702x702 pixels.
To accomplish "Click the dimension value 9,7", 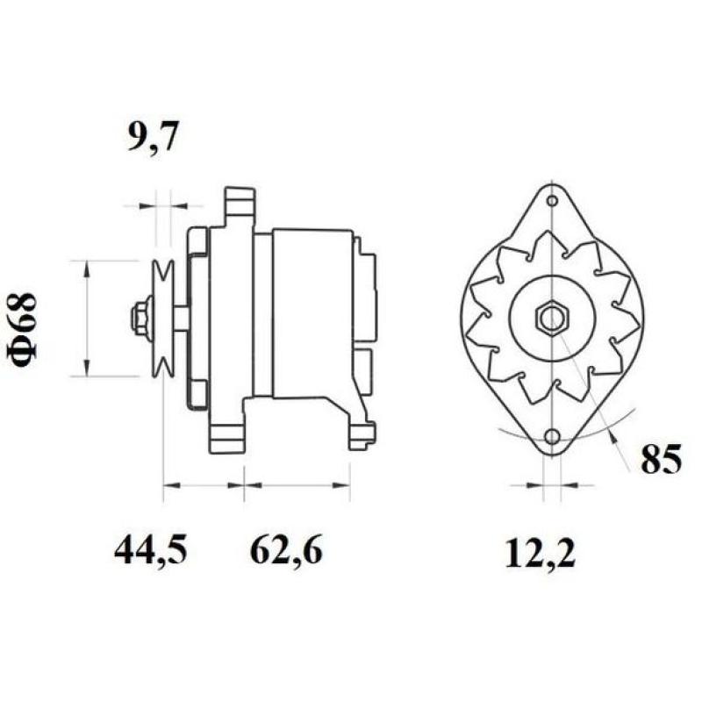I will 154,139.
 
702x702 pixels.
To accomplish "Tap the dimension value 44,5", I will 150,550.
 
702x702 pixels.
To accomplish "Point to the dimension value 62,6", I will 286,550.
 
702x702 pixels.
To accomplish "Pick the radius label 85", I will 660,460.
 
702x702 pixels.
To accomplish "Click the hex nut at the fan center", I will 551,318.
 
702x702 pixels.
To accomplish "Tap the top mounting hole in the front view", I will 552,201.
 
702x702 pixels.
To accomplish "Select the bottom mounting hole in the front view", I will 552,437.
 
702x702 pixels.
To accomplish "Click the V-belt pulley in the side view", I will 161,319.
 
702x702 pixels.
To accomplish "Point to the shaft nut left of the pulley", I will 139,318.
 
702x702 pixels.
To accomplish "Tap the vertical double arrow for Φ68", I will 86,318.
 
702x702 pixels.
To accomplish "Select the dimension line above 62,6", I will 297,483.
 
